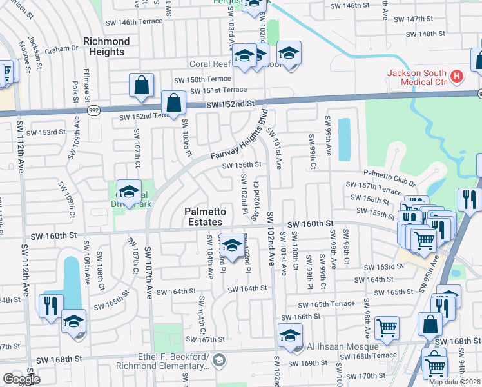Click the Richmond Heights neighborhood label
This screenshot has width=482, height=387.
point(106,46)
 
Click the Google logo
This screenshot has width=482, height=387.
point(21,379)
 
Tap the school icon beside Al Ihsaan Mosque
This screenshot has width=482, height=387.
point(291,336)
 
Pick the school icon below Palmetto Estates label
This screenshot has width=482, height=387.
point(233,245)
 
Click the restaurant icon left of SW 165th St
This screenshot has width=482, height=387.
point(51,306)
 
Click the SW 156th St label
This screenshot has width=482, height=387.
point(241,165)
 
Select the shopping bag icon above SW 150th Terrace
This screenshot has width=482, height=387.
point(141,85)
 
